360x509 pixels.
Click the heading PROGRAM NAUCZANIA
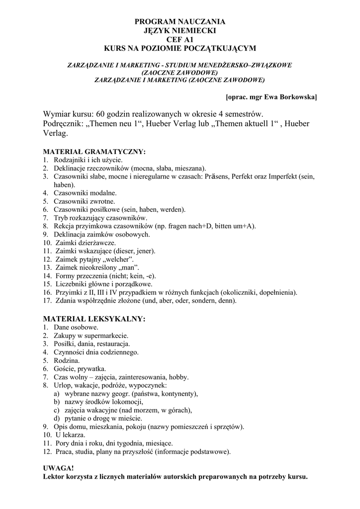coord(180,21)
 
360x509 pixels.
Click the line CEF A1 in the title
coord(180,39)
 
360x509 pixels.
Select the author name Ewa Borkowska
coord(290,96)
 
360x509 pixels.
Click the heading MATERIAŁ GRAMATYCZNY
coord(94,152)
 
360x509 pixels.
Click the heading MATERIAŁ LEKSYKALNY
coord(94,319)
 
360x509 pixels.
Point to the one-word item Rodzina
coord(67,360)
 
